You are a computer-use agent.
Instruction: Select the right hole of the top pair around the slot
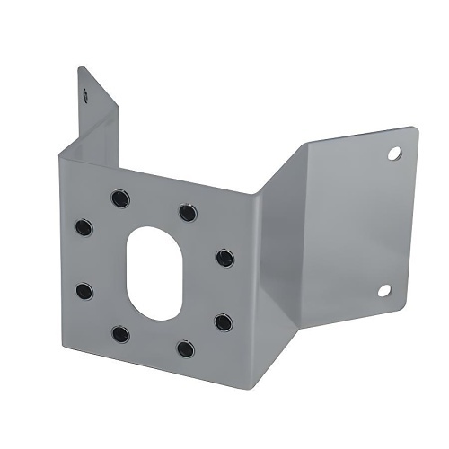pos(187,213)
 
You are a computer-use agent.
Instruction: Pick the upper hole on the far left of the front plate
pos(84,227)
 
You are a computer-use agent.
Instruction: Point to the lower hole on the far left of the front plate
pos(84,291)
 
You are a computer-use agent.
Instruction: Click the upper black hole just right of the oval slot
pos(224,259)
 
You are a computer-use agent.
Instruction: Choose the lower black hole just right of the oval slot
pos(224,321)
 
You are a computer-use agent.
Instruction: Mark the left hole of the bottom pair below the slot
pos(120,334)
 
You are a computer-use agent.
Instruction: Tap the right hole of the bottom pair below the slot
pos(186,348)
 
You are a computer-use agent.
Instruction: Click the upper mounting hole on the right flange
pos(393,154)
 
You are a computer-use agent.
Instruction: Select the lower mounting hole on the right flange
pos(384,289)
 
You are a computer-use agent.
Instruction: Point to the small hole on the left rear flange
pos(84,91)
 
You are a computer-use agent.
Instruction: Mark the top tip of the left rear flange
pos(81,68)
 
